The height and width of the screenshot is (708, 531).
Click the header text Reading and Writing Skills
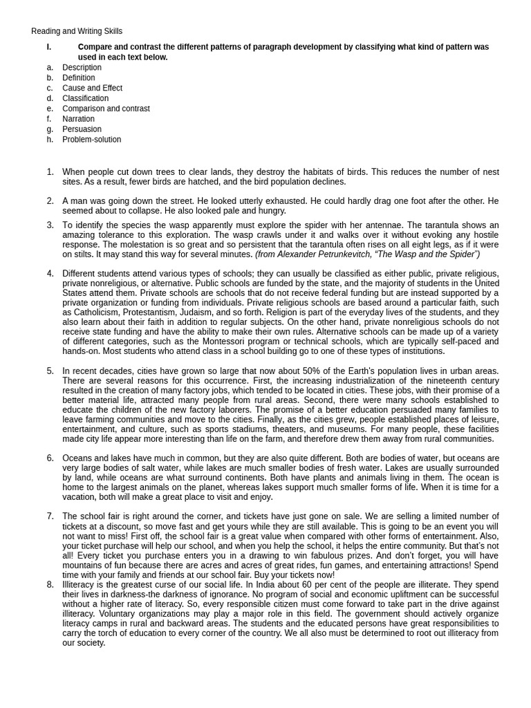coord(77,31)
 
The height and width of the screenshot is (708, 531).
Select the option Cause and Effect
coord(92,88)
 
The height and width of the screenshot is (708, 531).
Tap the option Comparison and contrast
coord(106,109)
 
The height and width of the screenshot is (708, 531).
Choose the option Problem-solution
coord(91,139)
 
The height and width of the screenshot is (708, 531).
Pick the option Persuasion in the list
coord(82,129)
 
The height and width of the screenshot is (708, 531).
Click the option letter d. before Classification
coord(50,98)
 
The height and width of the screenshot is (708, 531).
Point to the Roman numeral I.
coord(48,47)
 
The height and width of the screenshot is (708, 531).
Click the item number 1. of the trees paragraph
coord(50,171)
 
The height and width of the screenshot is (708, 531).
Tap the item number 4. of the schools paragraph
coord(50,273)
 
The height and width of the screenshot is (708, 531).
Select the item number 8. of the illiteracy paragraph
coord(50,584)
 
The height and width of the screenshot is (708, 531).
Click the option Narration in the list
coord(78,119)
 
